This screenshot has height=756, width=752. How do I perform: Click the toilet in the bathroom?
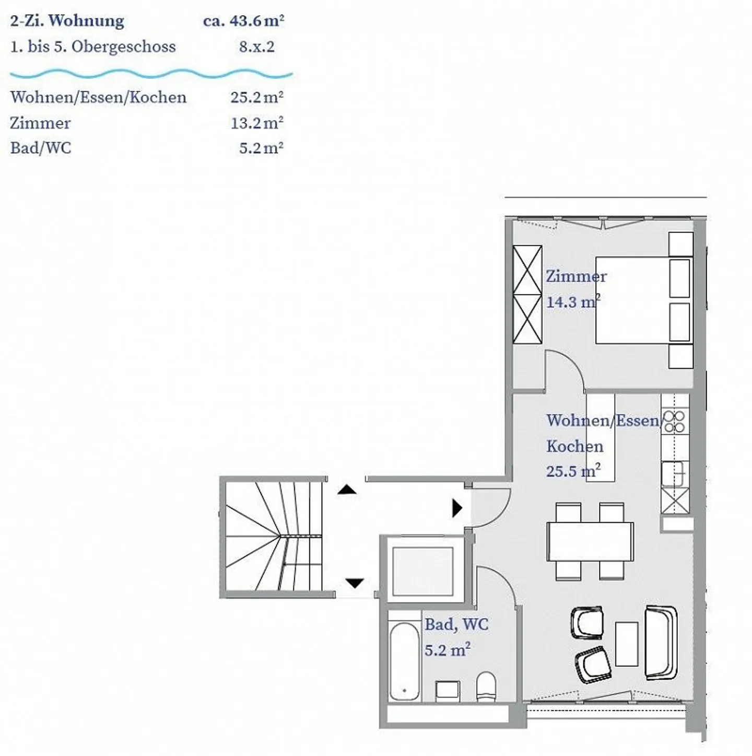pos(486,687)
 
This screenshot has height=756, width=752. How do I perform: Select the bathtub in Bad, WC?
pos(404,661)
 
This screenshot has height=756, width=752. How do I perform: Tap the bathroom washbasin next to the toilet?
pos(448,690)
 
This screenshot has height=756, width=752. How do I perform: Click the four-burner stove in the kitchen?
pos(675,422)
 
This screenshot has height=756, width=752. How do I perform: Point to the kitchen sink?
pos(674,473)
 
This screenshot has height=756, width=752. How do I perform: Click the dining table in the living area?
pos(590,541)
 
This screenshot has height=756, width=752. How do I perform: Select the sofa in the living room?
pos(661,642)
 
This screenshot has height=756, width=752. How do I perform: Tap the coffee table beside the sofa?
pos(626,644)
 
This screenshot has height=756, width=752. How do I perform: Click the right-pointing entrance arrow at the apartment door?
pos(457,508)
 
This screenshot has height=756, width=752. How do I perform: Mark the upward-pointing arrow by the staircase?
pos(347,490)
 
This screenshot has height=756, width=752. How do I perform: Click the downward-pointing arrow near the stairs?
pos(355,583)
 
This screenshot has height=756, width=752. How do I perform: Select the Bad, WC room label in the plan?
pos(456,624)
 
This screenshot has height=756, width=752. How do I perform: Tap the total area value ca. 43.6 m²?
pos(243,21)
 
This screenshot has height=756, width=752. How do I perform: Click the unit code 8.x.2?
pos(256,46)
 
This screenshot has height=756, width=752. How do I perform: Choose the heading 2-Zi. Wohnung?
pos(67,21)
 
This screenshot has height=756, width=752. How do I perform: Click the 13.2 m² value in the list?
pos(256,123)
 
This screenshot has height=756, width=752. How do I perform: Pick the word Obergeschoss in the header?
pos(123,46)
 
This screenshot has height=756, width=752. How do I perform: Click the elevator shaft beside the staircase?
pos(422,571)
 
